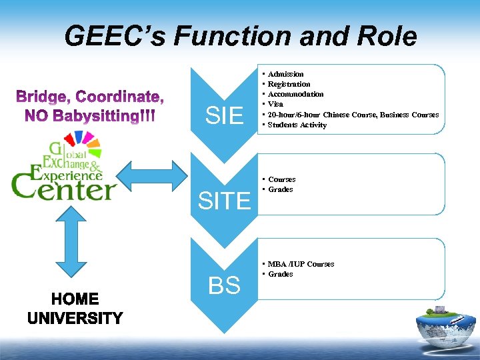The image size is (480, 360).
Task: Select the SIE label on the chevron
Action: pos(224,117)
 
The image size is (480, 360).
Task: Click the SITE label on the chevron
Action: pos(224,200)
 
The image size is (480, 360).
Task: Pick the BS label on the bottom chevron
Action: pos(224,286)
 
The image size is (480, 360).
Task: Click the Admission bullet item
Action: pos(285,74)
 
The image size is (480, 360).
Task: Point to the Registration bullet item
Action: pos(289,84)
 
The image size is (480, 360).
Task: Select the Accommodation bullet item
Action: pos(295,94)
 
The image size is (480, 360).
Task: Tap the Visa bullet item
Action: pos(275,104)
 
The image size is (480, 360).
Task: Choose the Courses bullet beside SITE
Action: pos(281,179)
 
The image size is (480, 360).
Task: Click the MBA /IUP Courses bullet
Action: pos(301,264)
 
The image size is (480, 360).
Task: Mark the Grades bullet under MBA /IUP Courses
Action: pos(280,274)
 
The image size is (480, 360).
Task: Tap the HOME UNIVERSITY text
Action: pos(75,309)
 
